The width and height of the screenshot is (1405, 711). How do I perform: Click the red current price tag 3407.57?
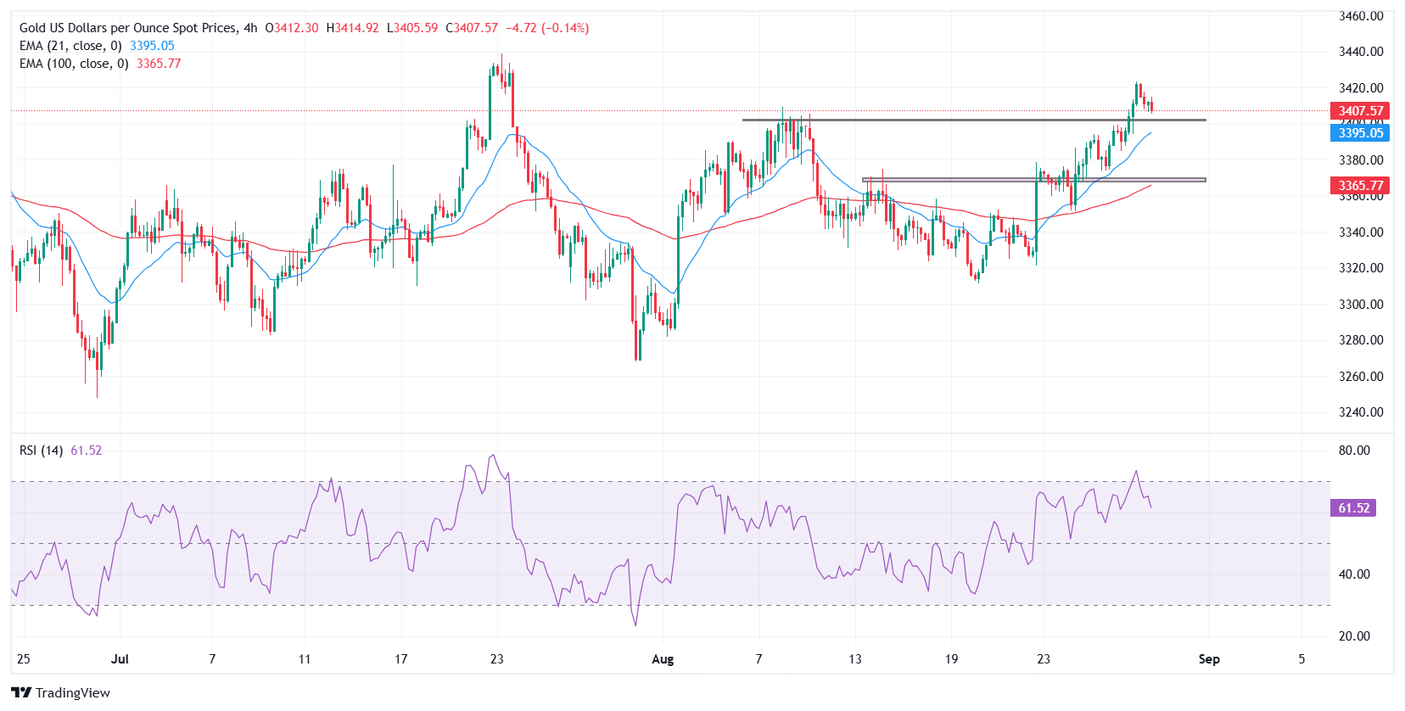(x=1360, y=111)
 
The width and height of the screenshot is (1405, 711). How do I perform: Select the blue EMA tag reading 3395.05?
(x=1360, y=133)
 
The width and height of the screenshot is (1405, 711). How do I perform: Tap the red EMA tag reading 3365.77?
(x=1360, y=186)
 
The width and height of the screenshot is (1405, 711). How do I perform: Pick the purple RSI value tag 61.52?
(x=1353, y=508)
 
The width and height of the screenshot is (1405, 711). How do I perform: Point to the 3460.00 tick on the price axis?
(x=1360, y=16)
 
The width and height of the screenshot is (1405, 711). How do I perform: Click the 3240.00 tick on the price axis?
(x=1360, y=412)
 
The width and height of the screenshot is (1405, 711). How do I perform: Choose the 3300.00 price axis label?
(x=1360, y=305)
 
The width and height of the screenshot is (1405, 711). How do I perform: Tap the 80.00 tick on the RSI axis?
(x=1353, y=451)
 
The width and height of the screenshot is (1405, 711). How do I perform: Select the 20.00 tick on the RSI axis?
(x=1353, y=636)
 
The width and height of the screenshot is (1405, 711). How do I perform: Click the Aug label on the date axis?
(x=663, y=659)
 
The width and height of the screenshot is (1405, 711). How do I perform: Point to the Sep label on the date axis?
(x=1209, y=659)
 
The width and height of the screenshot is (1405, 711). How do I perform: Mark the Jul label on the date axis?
(x=120, y=659)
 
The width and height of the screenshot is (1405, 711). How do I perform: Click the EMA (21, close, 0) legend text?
(x=70, y=46)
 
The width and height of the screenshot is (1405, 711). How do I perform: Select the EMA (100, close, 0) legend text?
(x=74, y=64)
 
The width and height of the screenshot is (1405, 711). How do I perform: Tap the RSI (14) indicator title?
(x=41, y=451)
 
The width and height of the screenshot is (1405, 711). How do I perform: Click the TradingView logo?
(x=60, y=692)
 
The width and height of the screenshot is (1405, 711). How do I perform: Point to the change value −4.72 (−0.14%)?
(x=547, y=28)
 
